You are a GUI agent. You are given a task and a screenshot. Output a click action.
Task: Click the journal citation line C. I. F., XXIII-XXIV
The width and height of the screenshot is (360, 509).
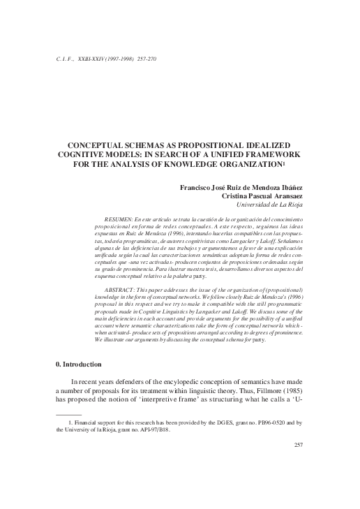click(105, 58)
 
